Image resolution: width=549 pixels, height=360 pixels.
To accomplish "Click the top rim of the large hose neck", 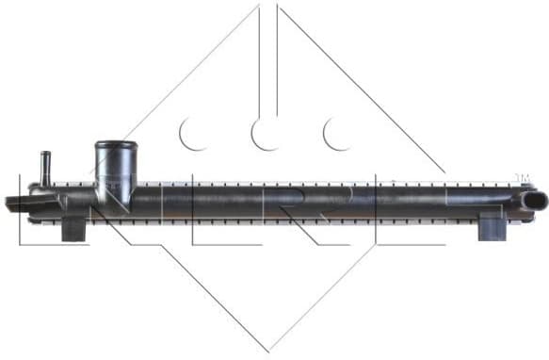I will point(116,144).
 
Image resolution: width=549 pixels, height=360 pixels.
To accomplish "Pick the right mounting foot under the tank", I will point(491,228).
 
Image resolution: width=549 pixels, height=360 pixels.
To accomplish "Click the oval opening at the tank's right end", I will point(535,202).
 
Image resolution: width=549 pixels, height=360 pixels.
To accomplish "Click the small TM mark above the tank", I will point(523,177).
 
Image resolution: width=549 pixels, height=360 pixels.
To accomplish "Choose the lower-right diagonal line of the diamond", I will point(358,273).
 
